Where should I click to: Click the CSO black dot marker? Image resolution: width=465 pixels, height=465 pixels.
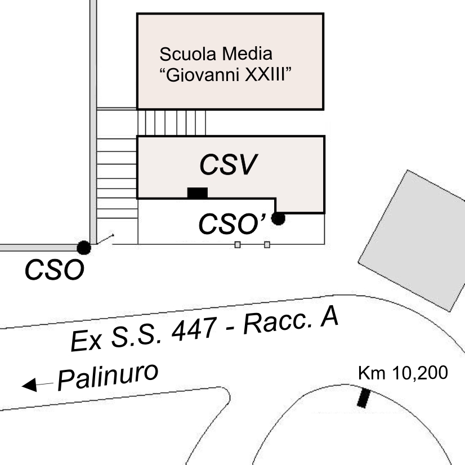point(83,247)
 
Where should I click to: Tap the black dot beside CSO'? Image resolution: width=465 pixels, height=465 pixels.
point(278,218)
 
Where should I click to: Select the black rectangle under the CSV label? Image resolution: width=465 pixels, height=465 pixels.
point(197,193)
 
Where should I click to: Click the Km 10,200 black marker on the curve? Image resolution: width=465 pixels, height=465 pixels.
point(364,397)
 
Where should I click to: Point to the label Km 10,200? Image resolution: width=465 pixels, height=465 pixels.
point(403,373)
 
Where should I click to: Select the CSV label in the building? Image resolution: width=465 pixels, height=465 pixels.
point(228,165)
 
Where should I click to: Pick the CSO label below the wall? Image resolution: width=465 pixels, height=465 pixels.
point(54,270)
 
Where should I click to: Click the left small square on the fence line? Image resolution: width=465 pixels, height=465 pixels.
point(238,244)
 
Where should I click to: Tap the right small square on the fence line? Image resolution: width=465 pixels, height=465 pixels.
point(267,244)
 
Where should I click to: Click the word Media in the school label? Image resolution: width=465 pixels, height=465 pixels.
point(248,55)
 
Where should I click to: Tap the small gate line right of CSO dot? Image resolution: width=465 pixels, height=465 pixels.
point(105,239)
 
